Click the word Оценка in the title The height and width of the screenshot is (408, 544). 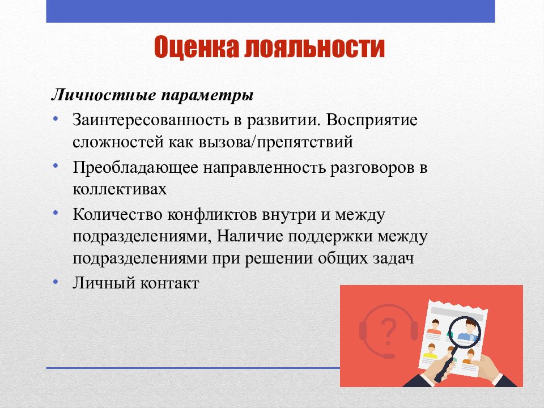197,47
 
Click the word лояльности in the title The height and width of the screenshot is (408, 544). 314,47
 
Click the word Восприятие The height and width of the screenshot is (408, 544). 372,121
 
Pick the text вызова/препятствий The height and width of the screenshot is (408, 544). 276,142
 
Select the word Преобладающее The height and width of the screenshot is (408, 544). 135,168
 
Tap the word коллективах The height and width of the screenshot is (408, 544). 120,189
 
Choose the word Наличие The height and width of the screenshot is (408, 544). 250,237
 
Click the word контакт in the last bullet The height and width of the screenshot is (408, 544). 169,283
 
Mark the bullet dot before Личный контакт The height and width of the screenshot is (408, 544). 56,282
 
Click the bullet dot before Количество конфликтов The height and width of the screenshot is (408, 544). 56,212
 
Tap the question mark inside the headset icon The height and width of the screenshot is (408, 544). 389,331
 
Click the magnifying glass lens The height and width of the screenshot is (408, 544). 465,332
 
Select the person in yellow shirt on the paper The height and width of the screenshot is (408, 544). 431,351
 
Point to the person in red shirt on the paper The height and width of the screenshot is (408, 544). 434,327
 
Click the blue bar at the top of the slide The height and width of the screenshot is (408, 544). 271,11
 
